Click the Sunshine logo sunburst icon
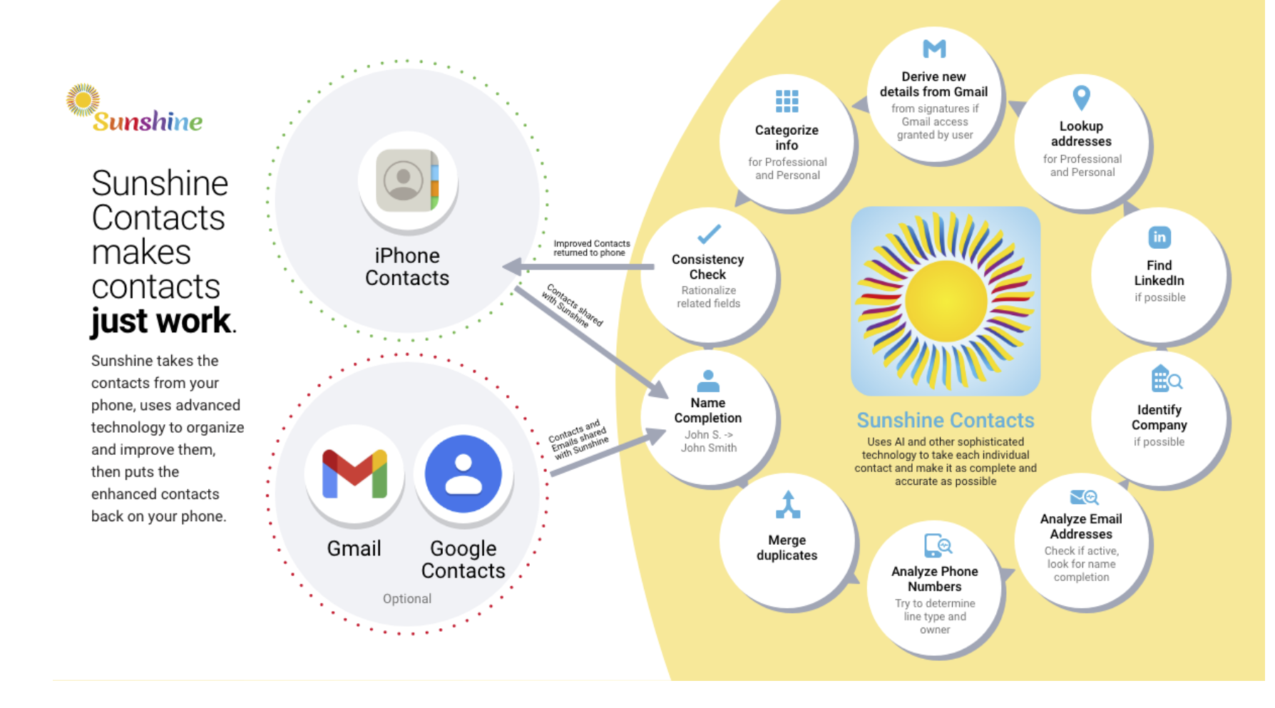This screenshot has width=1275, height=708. [x=83, y=100]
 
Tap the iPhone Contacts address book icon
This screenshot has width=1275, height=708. [x=407, y=180]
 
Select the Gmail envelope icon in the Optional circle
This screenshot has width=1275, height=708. [x=354, y=473]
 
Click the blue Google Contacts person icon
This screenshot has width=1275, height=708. [x=463, y=473]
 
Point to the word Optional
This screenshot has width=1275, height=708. [x=406, y=599]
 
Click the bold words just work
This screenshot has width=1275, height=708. [x=161, y=321]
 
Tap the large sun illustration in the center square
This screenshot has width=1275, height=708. [x=945, y=301]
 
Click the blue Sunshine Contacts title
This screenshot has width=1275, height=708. [x=945, y=420]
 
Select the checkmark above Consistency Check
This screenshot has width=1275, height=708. [x=708, y=234]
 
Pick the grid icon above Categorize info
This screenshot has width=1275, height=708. [x=787, y=101]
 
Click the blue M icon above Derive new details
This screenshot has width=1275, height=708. [x=934, y=48]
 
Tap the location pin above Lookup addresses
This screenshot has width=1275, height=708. [x=1081, y=98]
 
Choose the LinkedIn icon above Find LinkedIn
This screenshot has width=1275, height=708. [x=1159, y=237]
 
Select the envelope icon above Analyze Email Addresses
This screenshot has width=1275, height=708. [x=1083, y=497]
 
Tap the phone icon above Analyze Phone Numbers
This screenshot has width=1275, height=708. [x=937, y=545]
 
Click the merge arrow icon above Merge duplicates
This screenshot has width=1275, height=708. [x=787, y=504]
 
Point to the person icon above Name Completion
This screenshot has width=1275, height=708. [x=708, y=381]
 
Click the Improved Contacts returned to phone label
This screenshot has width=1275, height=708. [x=591, y=248]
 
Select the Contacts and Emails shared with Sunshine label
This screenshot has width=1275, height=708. [x=578, y=438]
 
